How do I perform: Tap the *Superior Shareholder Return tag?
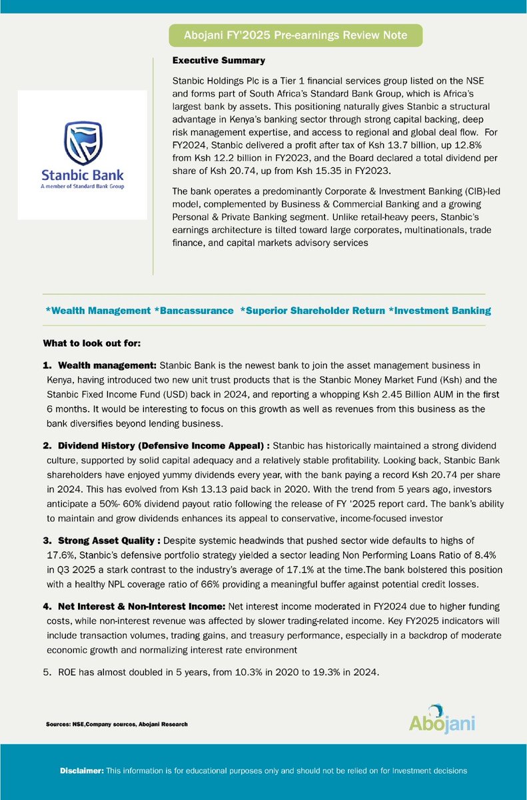coord(311,311)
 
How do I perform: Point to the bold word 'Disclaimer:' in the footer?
coord(82,771)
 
